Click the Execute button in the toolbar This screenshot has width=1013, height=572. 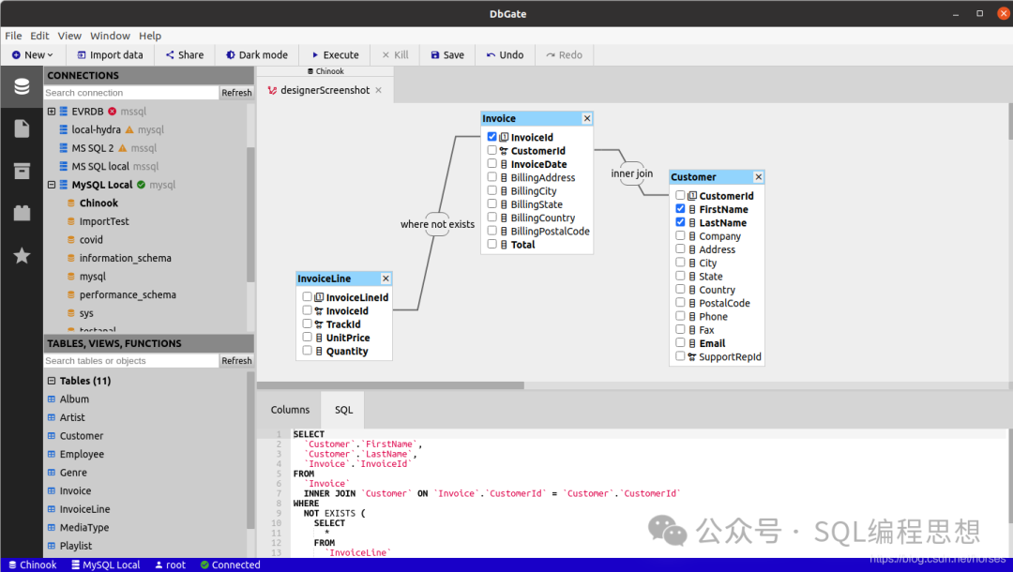point(334,55)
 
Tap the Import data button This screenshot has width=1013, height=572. point(110,55)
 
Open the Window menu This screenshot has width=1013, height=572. point(110,36)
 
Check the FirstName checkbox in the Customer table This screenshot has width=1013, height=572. point(680,209)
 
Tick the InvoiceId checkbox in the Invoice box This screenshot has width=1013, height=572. point(492,137)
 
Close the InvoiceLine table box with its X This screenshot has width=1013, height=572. point(386,278)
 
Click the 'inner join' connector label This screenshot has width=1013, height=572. point(632,173)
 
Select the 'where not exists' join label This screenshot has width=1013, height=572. point(437,224)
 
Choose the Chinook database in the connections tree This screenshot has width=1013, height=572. point(98,203)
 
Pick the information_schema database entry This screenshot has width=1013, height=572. point(125,258)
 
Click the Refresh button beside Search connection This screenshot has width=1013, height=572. point(236,93)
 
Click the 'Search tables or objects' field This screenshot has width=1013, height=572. point(131,361)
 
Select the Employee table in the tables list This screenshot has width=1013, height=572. point(82,454)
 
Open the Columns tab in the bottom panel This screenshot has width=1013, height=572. point(290,410)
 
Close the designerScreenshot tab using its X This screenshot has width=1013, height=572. point(379,90)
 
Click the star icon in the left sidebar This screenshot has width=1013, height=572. point(22,255)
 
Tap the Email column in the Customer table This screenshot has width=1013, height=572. point(712,343)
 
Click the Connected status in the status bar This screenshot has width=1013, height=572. point(235,564)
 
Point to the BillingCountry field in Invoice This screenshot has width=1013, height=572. point(542,218)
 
